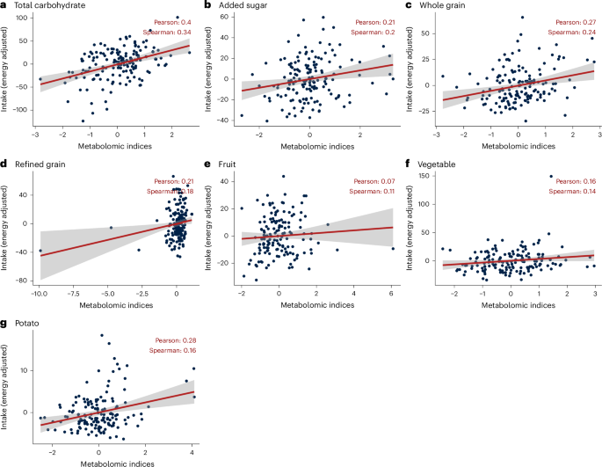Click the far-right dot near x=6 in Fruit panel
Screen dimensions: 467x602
[x=392, y=249]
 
